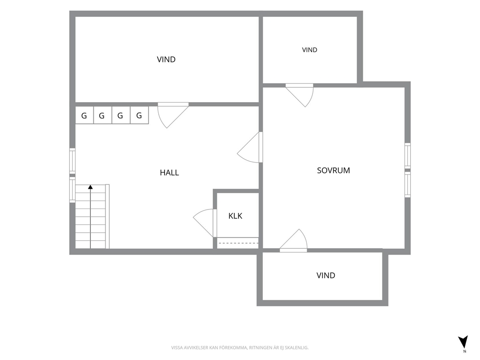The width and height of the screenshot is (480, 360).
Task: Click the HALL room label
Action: coord(169,173)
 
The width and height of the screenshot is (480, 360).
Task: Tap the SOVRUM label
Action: coord(333,170)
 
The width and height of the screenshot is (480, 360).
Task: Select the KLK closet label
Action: coord(235,216)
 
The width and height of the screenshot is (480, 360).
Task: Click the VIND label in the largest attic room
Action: coord(166,60)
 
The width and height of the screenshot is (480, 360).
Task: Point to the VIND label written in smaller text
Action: coord(310,50)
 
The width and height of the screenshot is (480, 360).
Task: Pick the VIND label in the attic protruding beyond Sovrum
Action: coord(326,275)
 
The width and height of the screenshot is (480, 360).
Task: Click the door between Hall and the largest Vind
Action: coord(173,115)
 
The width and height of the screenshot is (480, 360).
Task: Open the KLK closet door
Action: coord(205,223)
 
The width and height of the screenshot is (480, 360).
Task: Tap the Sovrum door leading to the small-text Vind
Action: coord(300,95)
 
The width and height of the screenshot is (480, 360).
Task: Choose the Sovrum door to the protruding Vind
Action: coord(293,240)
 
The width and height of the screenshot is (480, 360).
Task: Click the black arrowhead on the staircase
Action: coord(90,187)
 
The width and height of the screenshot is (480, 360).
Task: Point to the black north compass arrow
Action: coord(463,342)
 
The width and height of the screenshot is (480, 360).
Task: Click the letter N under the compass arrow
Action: coord(465,351)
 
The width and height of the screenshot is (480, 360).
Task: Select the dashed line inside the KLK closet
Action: coord(238,243)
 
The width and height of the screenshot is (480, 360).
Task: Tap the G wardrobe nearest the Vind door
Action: coord(139,116)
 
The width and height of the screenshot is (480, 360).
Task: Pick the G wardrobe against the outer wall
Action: coord(84,116)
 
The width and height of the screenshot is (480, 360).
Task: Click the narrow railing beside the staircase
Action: coord(107,216)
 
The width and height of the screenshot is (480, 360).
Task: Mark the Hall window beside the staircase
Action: coord(72,190)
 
